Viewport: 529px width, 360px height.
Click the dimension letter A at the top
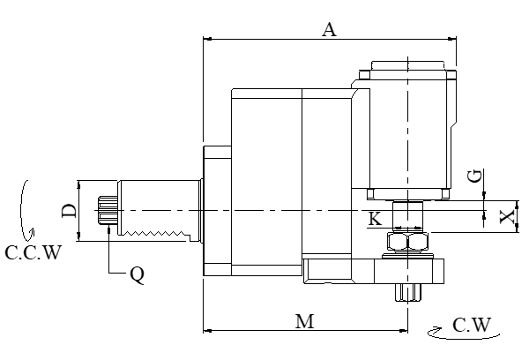tap(329, 29)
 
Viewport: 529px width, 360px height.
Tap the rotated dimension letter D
tap(68, 210)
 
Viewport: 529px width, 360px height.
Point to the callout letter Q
tap(137, 274)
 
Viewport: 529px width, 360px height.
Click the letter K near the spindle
tap(375, 219)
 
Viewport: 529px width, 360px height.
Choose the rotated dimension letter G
tap(475, 176)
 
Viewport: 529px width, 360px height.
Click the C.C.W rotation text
tap(33, 253)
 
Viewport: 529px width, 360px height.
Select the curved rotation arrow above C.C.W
tap(27, 208)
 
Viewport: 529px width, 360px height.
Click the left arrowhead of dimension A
tap(208, 39)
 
